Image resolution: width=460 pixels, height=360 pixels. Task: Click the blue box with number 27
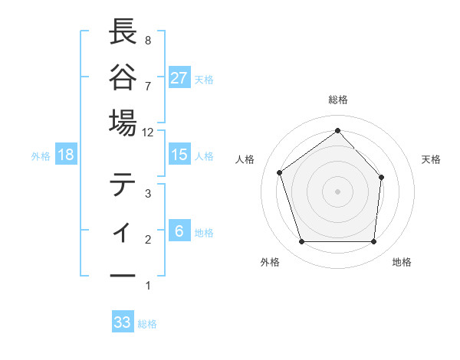click(x=179, y=78)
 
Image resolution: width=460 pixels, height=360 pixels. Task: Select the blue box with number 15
click(x=179, y=155)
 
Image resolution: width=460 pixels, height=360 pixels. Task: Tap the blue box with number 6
click(x=179, y=231)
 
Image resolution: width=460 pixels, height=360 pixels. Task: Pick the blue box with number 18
click(x=66, y=155)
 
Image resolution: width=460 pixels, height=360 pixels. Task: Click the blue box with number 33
click(x=123, y=322)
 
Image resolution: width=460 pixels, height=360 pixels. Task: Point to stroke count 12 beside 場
click(x=148, y=132)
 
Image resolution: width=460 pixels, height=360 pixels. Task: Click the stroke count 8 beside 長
click(x=147, y=40)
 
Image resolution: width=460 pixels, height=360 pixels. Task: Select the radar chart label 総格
click(x=337, y=100)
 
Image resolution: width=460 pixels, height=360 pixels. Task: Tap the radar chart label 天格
click(x=432, y=159)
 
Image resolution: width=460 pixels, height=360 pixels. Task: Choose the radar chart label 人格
click(x=245, y=159)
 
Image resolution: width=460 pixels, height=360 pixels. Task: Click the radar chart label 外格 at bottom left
click(x=270, y=262)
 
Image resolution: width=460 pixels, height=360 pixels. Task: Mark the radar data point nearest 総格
click(x=337, y=130)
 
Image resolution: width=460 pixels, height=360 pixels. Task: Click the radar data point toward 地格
click(x=373, y=242)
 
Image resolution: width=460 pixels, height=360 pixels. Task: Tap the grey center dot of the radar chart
click(x=337, y=191)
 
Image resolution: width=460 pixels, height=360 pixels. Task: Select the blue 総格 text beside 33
click(x=147, y=324)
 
